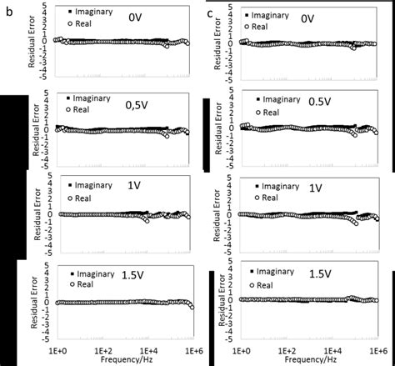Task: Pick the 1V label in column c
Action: (316, 188)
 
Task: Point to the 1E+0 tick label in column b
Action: (56, 349)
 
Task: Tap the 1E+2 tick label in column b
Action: (103, 349)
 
